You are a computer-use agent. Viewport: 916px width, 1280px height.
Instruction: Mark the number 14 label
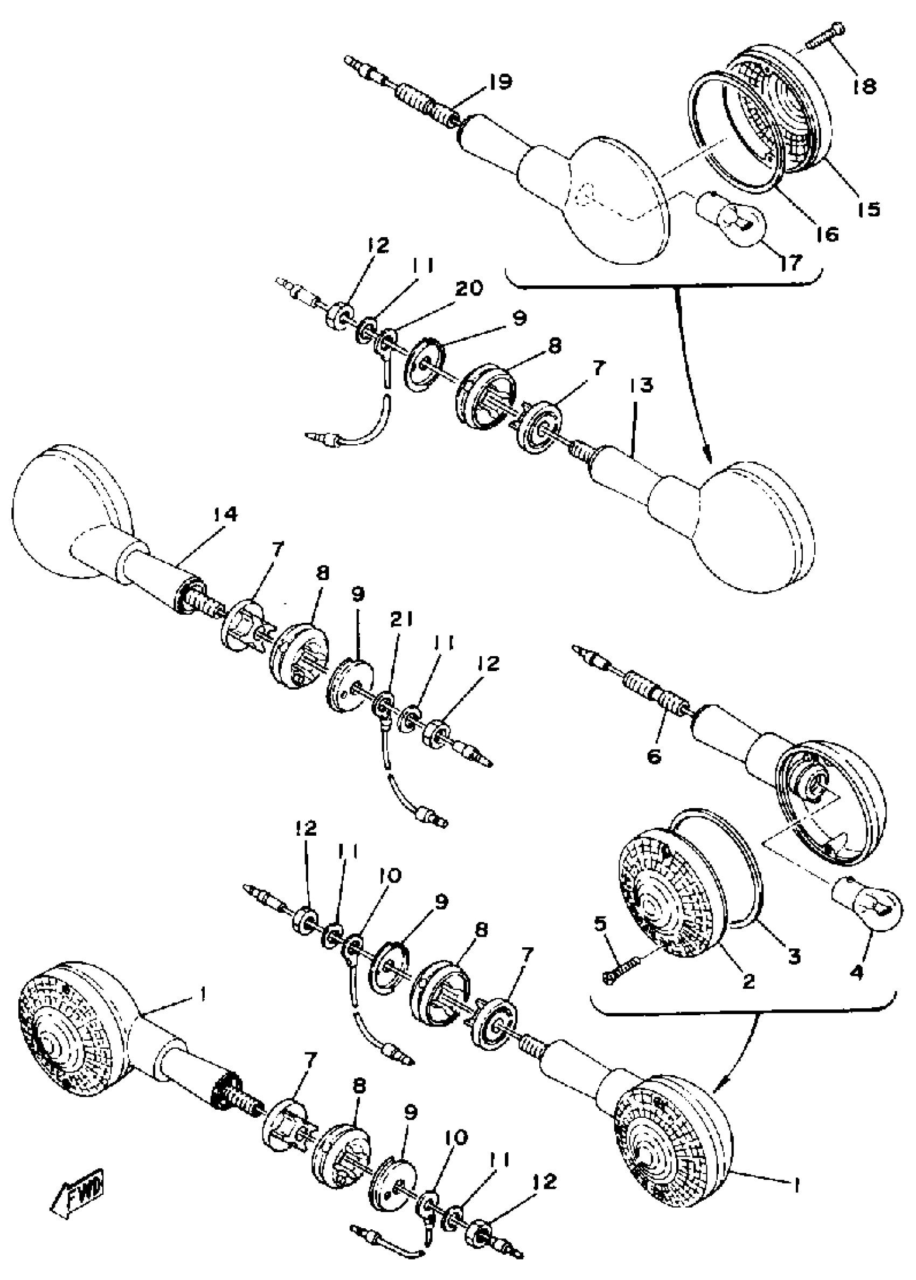(x=224, y=515)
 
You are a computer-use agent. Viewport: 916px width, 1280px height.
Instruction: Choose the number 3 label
(x=794, y=956)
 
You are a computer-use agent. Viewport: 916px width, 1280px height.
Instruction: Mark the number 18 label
(x=864, y=86)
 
